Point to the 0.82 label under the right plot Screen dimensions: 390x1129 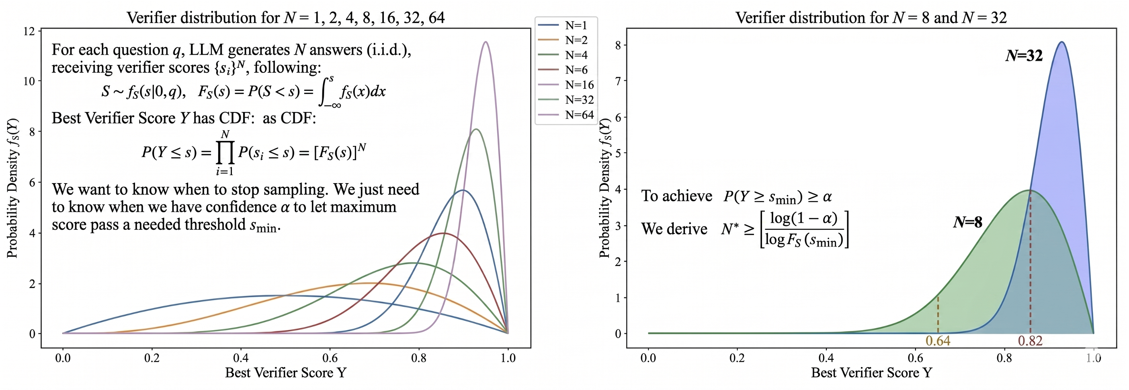[x=1030, y=341]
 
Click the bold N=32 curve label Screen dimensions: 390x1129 [x=1024, y=56]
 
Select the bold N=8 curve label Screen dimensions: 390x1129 [x=968, y=223]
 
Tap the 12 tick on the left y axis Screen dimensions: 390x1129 [x=29, y=31]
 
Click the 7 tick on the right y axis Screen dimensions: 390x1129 [x=618, y=81]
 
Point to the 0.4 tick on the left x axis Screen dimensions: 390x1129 [x=241, y=358]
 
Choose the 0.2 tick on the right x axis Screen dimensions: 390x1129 [x=737, y=358]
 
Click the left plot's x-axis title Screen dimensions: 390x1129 [x=285, y=373]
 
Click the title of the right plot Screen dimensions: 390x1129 [x=871, y=18]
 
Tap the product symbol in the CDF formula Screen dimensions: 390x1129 [x=225, y=152]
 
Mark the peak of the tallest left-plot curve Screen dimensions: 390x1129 [x=485, y=42]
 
